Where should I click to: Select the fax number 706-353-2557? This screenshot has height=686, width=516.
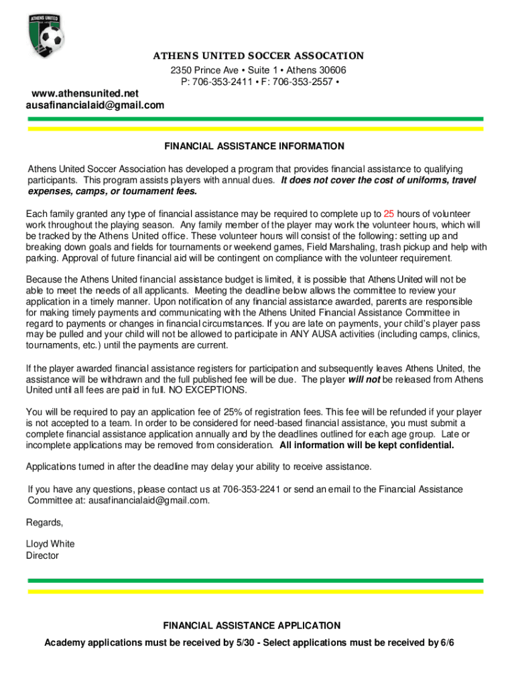pos(302,82)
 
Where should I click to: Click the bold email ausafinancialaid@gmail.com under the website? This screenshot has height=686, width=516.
pos(94,105)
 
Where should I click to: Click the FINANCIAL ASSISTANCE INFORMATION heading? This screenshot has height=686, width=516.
pos(255,146)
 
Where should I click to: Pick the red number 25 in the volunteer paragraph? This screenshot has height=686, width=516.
pos(389,212)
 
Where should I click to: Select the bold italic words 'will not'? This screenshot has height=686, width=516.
pos(364,379)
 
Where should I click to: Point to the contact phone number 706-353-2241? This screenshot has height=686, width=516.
pos(251,489)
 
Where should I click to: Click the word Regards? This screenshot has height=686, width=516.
pos(44,523)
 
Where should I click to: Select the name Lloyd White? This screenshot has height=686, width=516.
pos(50,544)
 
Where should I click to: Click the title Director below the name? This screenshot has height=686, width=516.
pos(42,555)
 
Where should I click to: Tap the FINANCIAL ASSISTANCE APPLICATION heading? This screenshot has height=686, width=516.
pos(252,626)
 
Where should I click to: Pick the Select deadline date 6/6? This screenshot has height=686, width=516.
pos(447,643)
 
